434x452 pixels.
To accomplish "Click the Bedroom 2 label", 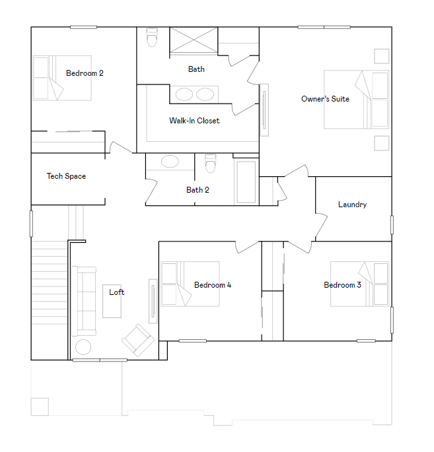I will point(85,73).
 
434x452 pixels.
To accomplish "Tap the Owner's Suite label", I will point(325,99).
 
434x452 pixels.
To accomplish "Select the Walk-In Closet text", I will point(194,121).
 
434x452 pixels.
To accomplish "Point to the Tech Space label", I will point(66,176).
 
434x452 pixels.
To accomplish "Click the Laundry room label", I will point(352,205).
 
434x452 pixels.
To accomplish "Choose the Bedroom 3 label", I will point(342,285).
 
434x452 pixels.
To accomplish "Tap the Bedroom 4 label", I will point(213,285).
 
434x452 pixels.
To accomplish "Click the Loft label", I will point(117,292).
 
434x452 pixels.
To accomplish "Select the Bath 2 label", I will point(198,190).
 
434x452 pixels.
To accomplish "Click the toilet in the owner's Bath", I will point(153,38).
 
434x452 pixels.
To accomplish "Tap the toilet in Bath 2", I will point(211,162).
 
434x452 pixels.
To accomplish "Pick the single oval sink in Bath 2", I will point(170,162).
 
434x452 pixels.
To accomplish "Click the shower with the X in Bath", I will point(194,39).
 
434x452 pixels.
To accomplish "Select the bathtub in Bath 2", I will point(246,181).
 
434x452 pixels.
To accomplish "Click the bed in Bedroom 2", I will point(62,78).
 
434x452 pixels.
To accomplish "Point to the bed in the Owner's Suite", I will point(356,99).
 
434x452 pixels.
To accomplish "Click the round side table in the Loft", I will point(83,347).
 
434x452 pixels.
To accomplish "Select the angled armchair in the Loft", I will point(137,340).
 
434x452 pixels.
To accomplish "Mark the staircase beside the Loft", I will point(49,284).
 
